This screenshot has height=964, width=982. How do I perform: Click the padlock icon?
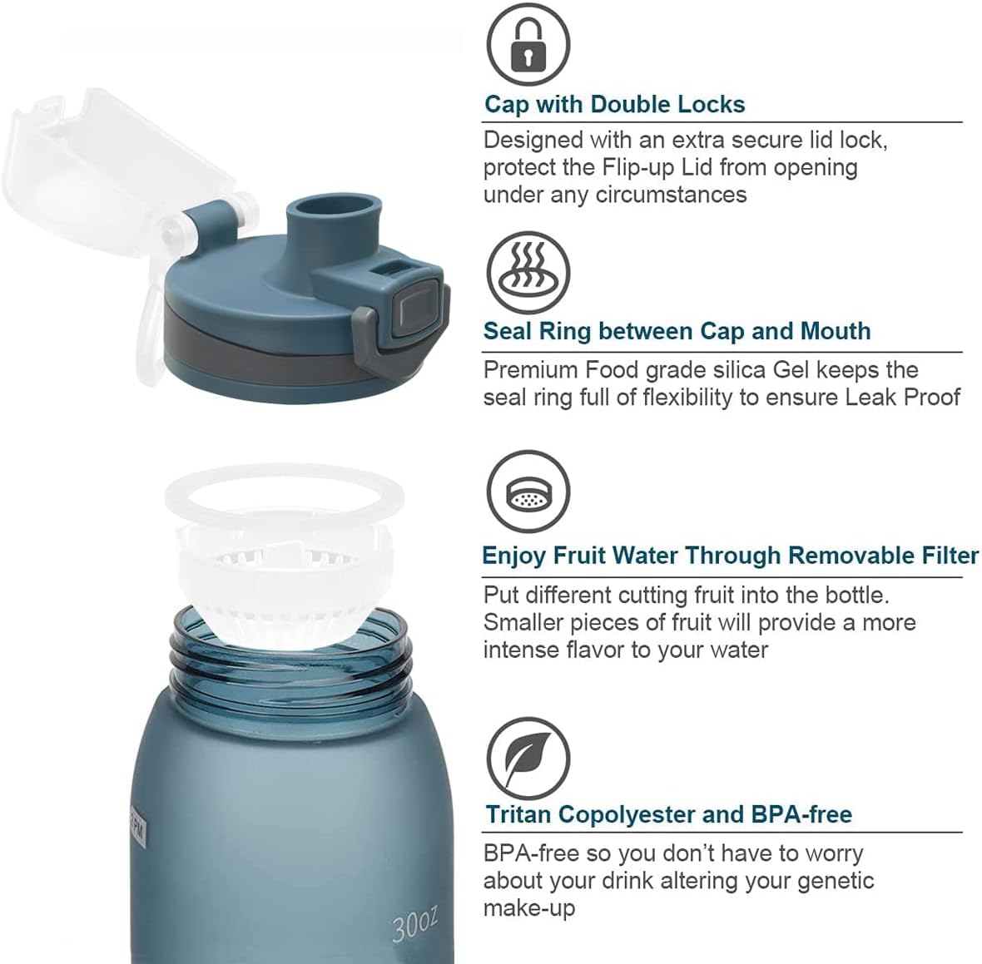tap(528, 44)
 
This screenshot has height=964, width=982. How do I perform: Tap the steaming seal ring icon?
tap(528, 273)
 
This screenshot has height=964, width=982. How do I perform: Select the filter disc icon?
tap(528, 492)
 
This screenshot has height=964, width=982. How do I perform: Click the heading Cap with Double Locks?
tap(614, 105)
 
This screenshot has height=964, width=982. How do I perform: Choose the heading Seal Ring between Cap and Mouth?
tap(677, 331)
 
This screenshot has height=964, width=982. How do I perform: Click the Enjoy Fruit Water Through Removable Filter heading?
tap(730, 556)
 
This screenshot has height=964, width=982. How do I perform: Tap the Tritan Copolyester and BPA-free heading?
tap(669, 814)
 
